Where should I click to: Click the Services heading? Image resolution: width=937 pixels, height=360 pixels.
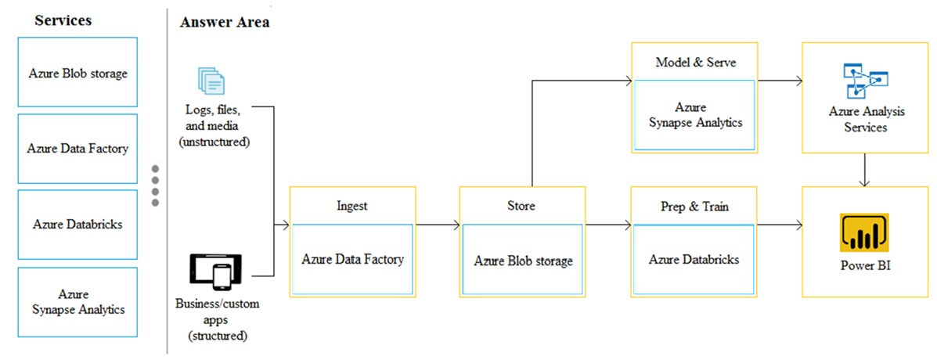point(63,20)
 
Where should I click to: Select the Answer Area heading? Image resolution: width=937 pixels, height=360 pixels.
point(224,23)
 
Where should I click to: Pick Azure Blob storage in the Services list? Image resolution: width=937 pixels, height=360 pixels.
point(77,74)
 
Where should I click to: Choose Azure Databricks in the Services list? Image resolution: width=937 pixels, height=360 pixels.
point(77,225)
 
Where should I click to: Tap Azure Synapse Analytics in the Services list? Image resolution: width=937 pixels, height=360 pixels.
point(77,302)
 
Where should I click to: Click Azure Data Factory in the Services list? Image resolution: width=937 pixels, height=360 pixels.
point(77,149)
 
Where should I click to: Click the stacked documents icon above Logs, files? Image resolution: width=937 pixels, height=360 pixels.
point(211,81)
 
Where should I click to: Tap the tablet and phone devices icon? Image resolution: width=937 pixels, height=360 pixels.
point(216,272)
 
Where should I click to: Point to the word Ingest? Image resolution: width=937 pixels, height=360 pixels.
point(352,207)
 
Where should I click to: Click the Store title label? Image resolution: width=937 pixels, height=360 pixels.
point(522,206)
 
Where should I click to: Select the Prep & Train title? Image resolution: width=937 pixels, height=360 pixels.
point(694,207)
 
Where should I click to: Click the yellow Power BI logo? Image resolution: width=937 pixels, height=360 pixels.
point(865,232)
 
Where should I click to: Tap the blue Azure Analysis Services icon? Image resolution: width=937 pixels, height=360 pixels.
point(865,80)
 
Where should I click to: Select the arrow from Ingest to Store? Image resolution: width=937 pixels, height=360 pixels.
point(438,225)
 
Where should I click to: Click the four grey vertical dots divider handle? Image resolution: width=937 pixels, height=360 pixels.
point(155,185)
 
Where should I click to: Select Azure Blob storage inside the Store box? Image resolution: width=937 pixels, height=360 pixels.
point(524,261)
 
